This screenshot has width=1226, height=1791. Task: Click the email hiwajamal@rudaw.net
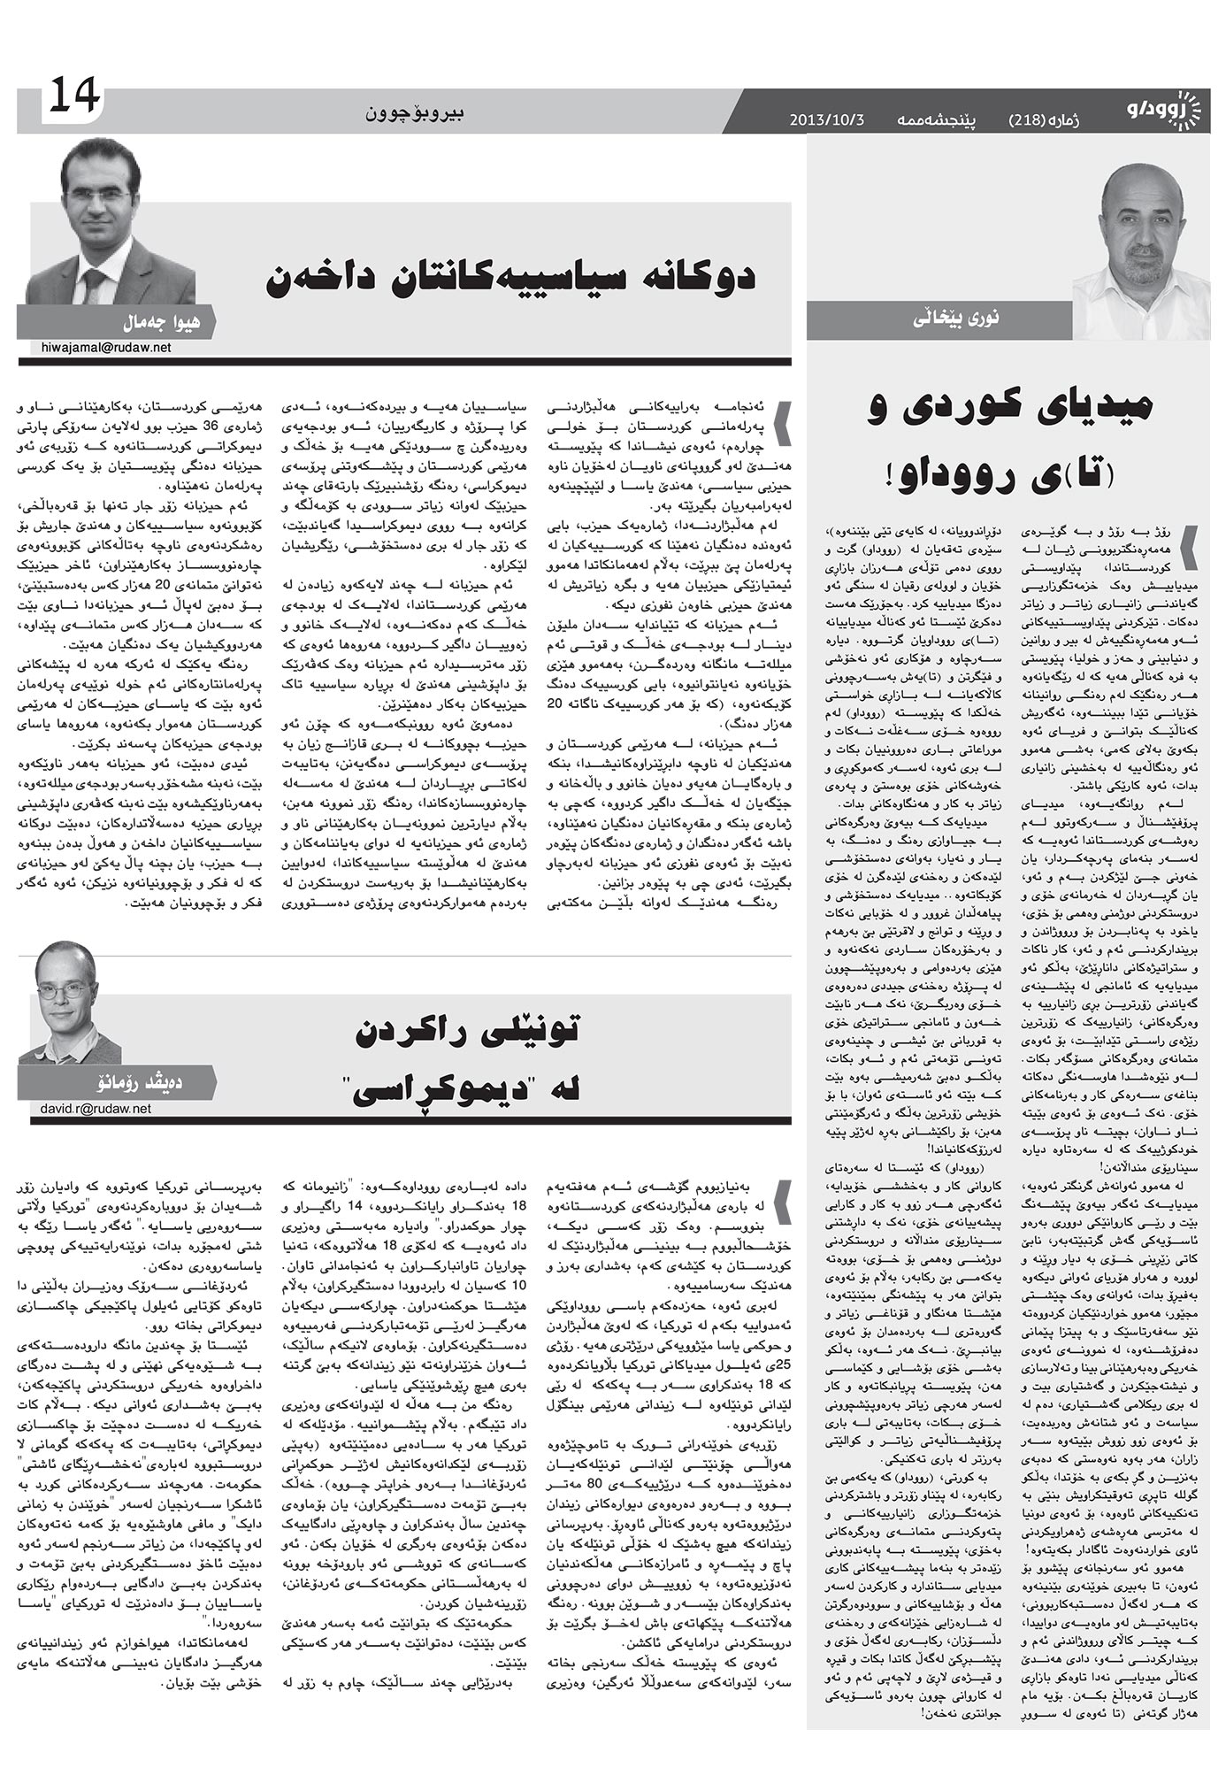tap(106, 348)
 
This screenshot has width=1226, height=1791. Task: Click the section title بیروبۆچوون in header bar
tap(415, 113)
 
